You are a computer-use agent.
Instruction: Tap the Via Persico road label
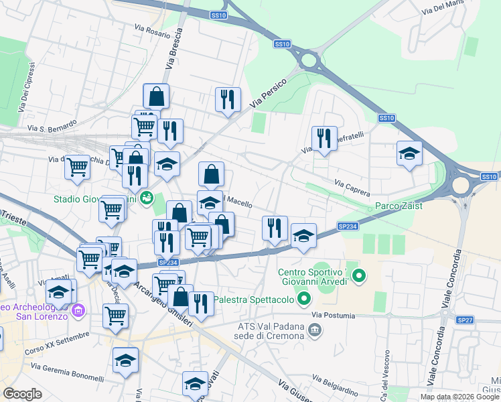pos(268,94)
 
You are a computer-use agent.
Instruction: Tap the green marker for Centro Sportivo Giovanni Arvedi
pos(358,275)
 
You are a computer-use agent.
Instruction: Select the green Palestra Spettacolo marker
pos(305,299)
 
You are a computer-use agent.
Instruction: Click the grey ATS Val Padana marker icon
pos(317,330)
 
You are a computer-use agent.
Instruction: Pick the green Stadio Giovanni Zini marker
pos(147,198)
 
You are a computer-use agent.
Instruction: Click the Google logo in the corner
pos(22,394)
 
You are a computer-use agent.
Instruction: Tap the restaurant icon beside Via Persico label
pos(227,100)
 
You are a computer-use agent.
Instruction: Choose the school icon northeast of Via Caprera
pos(409,153)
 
